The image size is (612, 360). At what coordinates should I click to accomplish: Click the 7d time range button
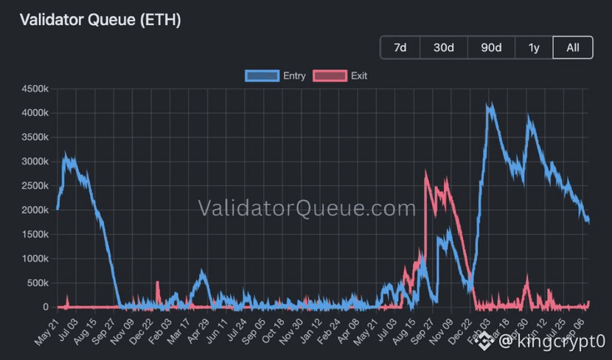(400, 48)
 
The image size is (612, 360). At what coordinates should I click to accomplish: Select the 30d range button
(444, 48)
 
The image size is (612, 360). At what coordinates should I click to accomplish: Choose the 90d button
(491, 48)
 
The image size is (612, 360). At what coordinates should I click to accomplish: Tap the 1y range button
(534, 48)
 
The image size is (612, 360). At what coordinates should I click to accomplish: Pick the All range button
(573, 48)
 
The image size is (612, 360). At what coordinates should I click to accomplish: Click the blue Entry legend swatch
(262, 76)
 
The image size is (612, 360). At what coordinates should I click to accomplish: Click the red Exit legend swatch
(330, 76)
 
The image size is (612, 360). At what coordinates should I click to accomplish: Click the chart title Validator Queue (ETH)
(100, 19)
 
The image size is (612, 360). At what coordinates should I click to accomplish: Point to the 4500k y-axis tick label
(35, 89)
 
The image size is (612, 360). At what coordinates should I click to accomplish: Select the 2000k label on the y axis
(35, 210)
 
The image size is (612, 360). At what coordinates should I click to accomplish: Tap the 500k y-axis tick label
(38, 283)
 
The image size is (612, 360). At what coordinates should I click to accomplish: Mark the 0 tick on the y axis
(46, 308)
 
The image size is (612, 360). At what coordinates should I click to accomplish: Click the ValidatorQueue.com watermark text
(307, 208)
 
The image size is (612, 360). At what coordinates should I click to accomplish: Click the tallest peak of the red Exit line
(426, 172)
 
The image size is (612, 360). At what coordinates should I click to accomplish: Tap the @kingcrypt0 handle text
(552, 341)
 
